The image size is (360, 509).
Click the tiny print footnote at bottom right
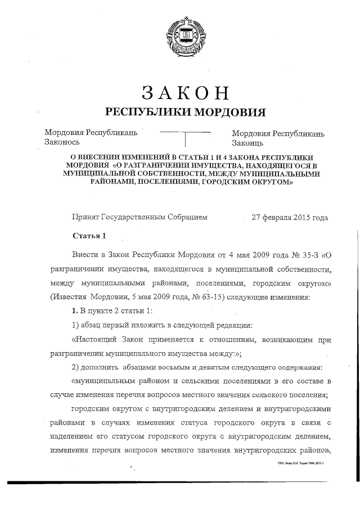(301, 462)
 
